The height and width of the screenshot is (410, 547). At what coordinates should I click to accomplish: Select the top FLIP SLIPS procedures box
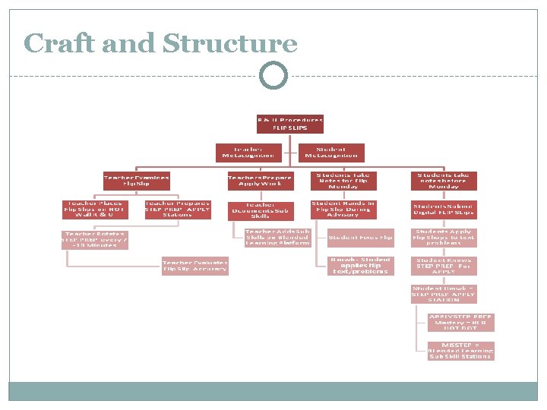[x=289, y=124]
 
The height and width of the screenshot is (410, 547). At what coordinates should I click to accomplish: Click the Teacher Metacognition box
[x=248, y=153]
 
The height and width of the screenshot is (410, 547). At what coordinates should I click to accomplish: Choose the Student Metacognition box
[x=330, y=153]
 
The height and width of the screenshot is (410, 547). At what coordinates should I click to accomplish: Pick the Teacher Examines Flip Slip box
[x=137, y=181]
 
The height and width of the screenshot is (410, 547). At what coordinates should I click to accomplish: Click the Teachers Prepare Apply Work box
[x=261, y=181]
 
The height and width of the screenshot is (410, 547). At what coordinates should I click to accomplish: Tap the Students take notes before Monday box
[x=444, y=181]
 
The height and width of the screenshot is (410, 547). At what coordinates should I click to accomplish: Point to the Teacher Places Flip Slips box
[x=95, y=209]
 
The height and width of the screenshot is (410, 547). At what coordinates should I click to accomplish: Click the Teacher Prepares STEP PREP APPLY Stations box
[x=177, y=209]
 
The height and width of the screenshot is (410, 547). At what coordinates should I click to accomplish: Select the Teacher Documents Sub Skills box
[x=261, y=210]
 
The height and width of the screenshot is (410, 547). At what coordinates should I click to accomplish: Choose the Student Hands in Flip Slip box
[x=343, y=209]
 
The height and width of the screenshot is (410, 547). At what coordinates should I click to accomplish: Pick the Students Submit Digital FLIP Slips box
[x=444, y=209]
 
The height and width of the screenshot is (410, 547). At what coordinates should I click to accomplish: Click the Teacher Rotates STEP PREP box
[x=95, y=239]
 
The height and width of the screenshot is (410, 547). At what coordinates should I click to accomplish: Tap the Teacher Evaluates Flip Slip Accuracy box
[x=194, y=266]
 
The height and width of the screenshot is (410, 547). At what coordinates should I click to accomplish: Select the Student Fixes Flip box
[x=361, y=238]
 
